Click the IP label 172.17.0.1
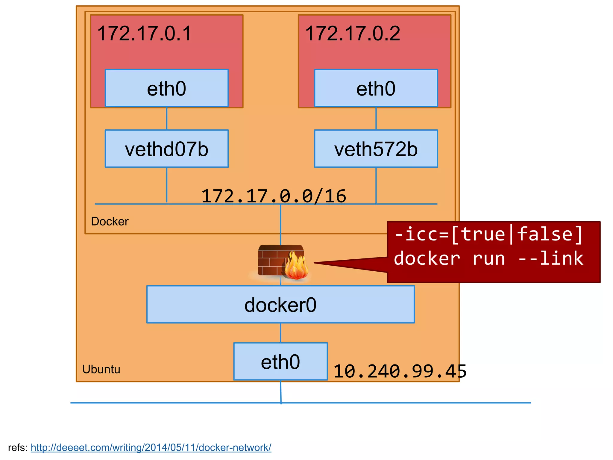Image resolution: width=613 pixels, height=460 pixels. (x=144, y=33)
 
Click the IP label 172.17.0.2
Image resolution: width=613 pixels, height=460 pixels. (x=353, y=33)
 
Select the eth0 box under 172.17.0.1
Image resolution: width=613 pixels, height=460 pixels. (x=166, y=88)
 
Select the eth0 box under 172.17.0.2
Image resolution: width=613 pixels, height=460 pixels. (x=376, y=88)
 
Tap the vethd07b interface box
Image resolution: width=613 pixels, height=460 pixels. (x=166, y=149)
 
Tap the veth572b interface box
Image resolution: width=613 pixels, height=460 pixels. (x=376, y=149)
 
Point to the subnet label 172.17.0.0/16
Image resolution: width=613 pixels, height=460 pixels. (x=274, y=196)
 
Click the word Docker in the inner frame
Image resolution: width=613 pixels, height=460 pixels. (x=110, y=221)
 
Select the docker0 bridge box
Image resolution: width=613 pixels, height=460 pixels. (x=280, y=305)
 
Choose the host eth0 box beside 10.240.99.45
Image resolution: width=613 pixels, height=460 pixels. (x=280, y=361)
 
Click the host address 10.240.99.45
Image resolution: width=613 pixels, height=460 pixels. (x=400, y=371)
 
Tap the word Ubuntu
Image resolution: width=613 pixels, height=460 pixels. (x=101, y=369)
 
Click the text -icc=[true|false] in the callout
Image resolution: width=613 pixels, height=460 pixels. (x=488, y=234)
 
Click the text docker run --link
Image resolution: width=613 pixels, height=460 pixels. (x=488, y=258)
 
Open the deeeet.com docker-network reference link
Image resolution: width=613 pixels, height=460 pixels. (x=151, y=447)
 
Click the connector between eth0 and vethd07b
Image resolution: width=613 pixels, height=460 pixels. (x=167, y=119)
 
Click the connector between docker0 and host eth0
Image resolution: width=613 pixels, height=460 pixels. (x=280, y=333)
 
